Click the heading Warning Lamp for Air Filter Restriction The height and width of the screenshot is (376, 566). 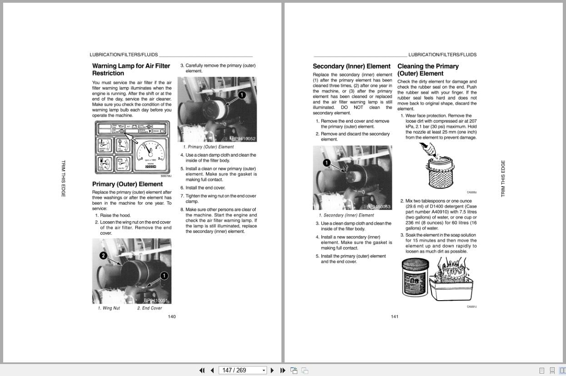131,69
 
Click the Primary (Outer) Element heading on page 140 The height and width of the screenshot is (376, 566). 127,184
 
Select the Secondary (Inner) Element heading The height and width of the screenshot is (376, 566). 351,66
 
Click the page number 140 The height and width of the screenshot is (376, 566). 172,317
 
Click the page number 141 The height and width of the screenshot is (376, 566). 395,317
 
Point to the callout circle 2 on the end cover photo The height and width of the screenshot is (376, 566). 103,256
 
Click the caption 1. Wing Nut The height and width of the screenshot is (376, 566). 109,308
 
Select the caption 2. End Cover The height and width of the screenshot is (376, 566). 150,308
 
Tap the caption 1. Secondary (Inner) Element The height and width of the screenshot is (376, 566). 346,215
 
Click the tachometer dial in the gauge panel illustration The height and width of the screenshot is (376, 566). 148,154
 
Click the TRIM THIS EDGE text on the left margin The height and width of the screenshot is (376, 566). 63,178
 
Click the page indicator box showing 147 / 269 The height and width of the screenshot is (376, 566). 242,370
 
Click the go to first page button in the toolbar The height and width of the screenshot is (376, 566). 202,370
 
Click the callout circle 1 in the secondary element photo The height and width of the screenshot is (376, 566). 326,163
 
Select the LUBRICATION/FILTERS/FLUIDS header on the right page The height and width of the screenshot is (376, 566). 442,54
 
